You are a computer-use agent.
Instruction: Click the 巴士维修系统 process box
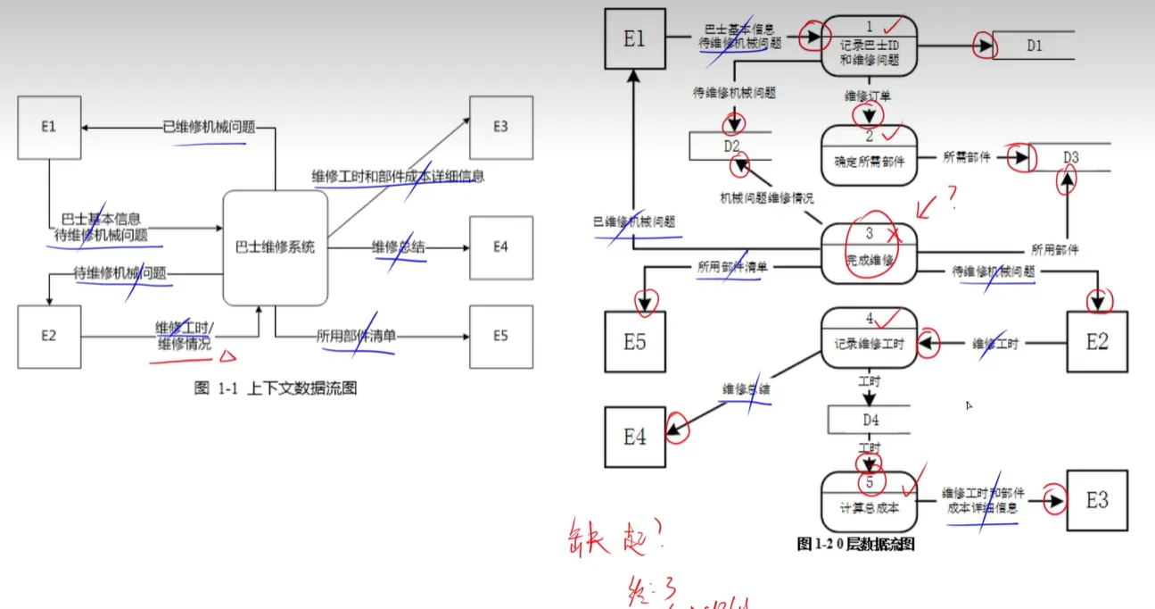[x=275, y=247]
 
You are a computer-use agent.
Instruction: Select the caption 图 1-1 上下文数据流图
[x=276, y=388]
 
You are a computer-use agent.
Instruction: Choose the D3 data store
[x=1070, y=158]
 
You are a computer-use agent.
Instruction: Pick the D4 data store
[x=870, y=419]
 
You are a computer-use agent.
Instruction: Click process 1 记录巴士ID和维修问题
[x=870, y=46]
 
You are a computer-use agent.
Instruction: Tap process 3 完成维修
[x=869, y=253]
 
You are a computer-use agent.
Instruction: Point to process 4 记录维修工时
[x=869, y=338]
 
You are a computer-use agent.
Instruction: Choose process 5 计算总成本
[x=869, y=500]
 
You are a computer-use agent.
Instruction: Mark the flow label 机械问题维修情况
[x=767, y=198]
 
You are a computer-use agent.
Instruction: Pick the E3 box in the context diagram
[x=501, y=128]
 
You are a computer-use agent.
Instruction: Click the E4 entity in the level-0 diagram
[x=634, y=437]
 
